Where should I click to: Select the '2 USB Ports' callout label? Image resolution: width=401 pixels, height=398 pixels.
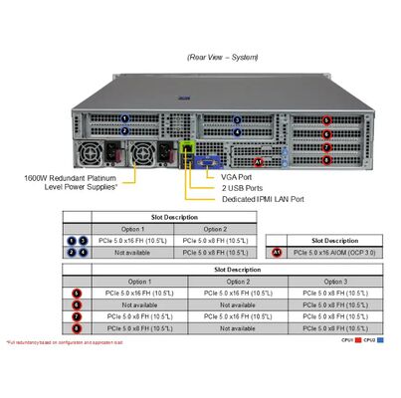[242, 187]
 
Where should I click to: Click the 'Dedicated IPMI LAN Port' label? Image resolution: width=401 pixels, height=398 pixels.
[263, 199]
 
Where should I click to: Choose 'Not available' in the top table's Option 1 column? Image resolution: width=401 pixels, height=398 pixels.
[133, 254]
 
